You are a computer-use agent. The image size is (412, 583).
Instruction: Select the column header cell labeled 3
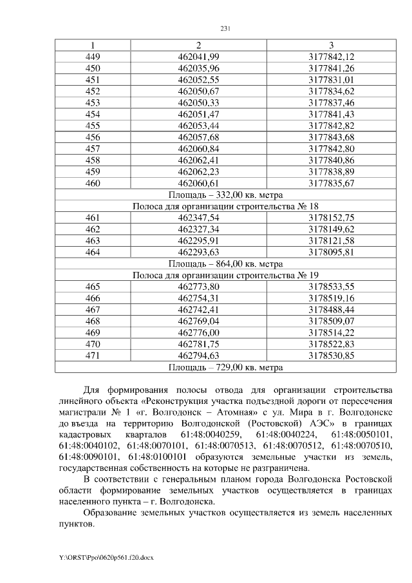(331, 45)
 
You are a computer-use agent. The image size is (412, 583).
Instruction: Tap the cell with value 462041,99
(198, 57)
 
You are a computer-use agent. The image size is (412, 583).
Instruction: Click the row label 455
(93, 125)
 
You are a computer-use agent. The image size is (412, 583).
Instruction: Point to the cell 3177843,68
(331, 137)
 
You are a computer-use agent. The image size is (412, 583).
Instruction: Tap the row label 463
(93, 240)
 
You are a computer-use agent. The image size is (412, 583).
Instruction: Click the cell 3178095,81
(331, 251)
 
